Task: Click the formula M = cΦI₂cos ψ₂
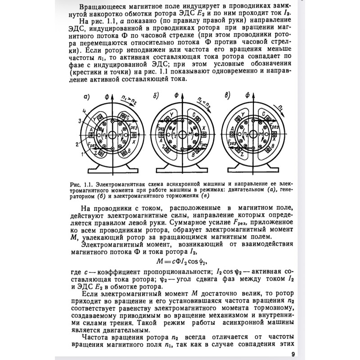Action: pos(180,261)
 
